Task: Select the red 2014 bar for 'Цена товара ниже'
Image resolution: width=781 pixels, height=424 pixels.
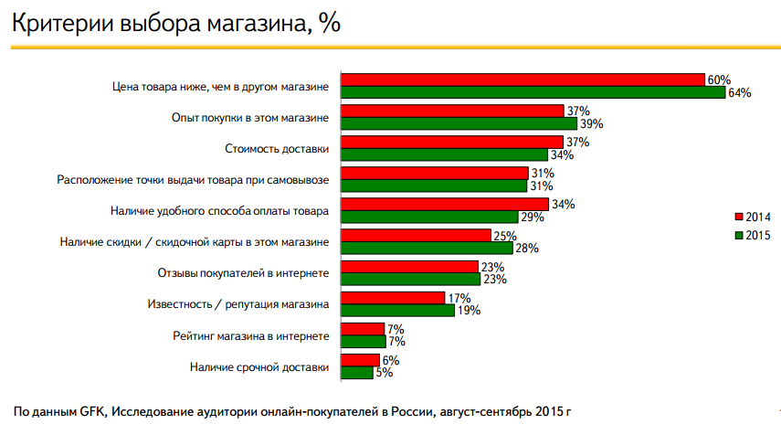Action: pos(522,79)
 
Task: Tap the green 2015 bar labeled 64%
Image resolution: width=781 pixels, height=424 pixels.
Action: pos(533,92)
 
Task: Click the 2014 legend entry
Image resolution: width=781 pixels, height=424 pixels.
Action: pos(754,217)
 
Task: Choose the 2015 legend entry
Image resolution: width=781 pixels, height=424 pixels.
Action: pos(754,235)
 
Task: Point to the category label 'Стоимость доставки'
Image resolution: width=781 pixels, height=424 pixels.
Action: pos(277,148)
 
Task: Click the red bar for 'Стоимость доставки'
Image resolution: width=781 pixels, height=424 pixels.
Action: pos(452,142)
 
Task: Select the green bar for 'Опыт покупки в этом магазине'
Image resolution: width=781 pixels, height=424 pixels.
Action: pos(459,123)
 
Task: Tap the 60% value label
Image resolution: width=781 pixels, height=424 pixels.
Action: pos(718,79)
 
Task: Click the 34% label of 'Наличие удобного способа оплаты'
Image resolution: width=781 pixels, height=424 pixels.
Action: pos(563,204)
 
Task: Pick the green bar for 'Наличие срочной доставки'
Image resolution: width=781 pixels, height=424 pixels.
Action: pos(356,372)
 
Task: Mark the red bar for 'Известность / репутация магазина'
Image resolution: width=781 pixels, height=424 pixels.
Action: pos(393,297)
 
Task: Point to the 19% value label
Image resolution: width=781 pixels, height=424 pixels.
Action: pos(468,310)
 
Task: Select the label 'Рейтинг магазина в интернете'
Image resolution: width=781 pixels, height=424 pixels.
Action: pos(250,335)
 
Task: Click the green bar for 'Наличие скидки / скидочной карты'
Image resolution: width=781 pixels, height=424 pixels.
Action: pos(427,248)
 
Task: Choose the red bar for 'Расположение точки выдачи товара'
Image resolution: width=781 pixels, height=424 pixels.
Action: pos(435,173)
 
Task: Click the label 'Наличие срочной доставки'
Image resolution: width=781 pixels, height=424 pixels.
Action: pos(259,366)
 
